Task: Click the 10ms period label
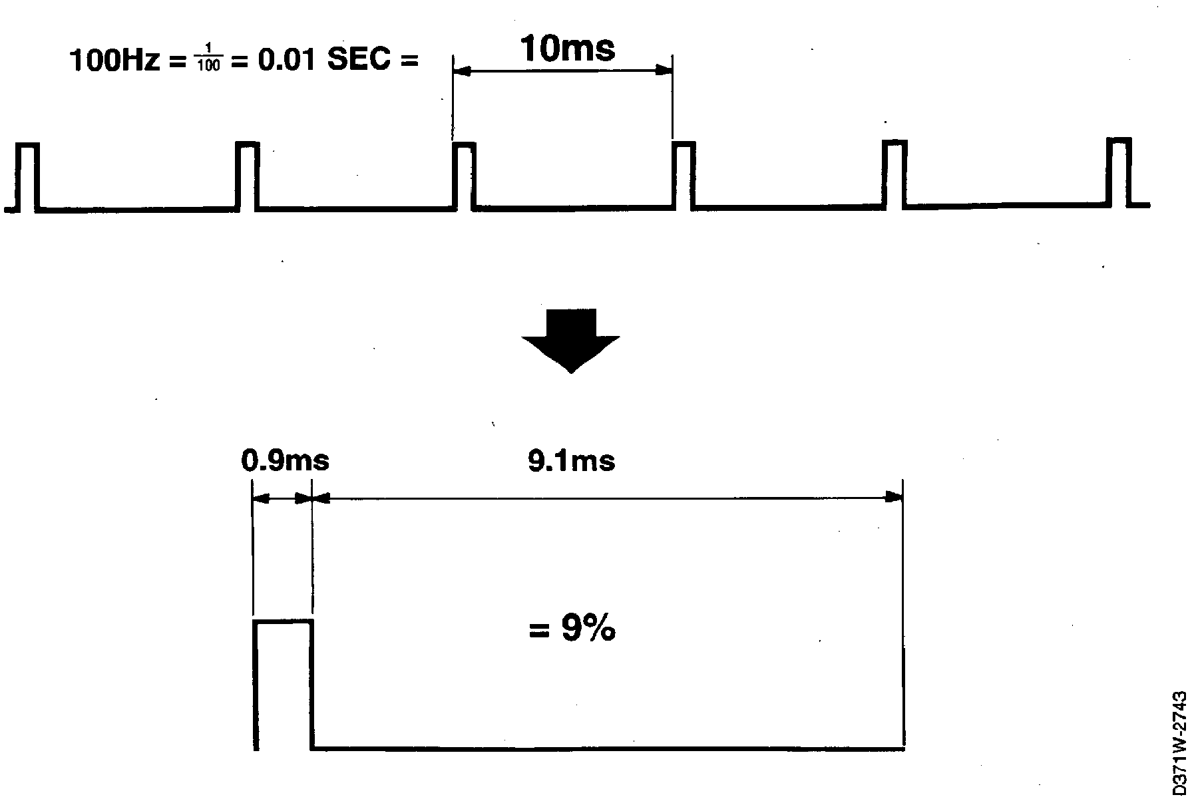click(x=567, y=48)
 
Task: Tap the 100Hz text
click(x=114, y=61)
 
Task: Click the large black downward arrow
click(x=570, y=339)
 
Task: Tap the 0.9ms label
click(x=285, y=460)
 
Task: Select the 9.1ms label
click(x=571, y=460)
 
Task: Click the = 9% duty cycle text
click(x=572, y=629)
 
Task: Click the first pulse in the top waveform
click(x=28, y=176)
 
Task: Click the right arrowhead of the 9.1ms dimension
click(x=894, y=497)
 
